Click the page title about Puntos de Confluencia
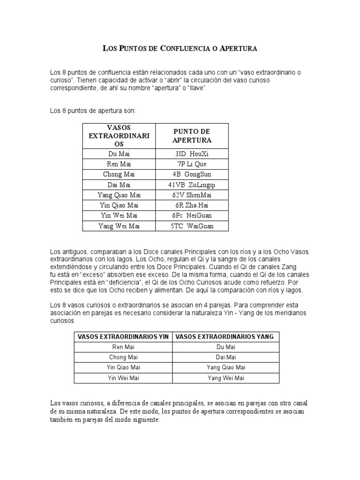[x=180, y=48]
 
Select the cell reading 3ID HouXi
[x=192, y=154]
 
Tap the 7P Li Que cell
[x=192, y=164]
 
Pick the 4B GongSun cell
[x=192, y=174]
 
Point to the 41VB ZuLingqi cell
[x=192, y=185]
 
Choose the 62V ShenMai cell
[x=192, y=195]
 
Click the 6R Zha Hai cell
[x=192, y=205]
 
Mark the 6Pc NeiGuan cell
[x=192, y=216]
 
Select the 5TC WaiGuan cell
[x=192, y=226]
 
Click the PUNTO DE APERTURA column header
[x=192, y=136]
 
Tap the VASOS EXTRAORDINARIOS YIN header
[x=123, y=337]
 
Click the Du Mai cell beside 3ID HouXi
[x=119, y=154]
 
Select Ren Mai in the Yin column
[x=123, y=347]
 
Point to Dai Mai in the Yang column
[x=225, y=357]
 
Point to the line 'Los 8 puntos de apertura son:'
[x=92, y=111]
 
